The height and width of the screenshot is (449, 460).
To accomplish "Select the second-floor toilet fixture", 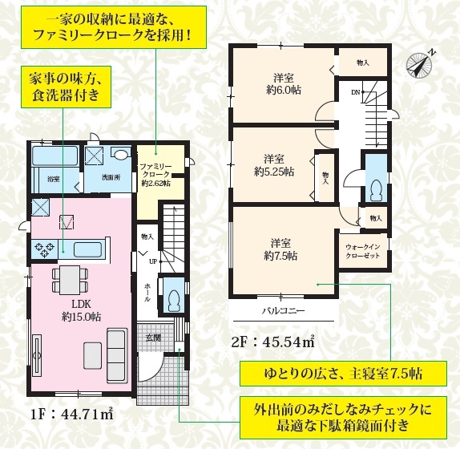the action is pos(376,191).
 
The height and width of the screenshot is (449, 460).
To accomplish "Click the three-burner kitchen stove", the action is pos(45,249).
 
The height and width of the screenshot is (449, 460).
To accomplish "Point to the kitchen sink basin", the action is pos(87,249).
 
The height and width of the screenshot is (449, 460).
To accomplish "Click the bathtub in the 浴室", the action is pos(54,156).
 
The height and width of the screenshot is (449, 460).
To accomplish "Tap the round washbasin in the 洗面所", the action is pos(121,155).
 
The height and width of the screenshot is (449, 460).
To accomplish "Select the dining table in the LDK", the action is pos(70,280).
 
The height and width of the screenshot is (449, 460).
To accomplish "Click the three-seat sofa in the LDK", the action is pos(117,355).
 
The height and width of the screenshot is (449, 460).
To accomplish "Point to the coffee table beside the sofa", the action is pos(92,355).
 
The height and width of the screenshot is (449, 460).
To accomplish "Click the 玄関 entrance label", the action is pos(153,338).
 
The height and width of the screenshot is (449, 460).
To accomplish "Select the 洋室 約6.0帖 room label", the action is pos(284,84).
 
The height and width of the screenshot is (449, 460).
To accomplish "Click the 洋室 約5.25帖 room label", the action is pos(274,165).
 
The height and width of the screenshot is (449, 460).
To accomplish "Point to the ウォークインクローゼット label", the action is pos(362,251).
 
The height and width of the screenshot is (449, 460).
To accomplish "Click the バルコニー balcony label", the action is pos(283,310).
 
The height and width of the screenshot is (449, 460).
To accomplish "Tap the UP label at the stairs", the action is pos(153,261).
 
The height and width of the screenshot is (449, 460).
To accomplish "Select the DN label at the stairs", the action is pos(355,92).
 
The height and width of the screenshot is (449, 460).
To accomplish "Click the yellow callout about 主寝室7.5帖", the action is pos(343,374).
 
